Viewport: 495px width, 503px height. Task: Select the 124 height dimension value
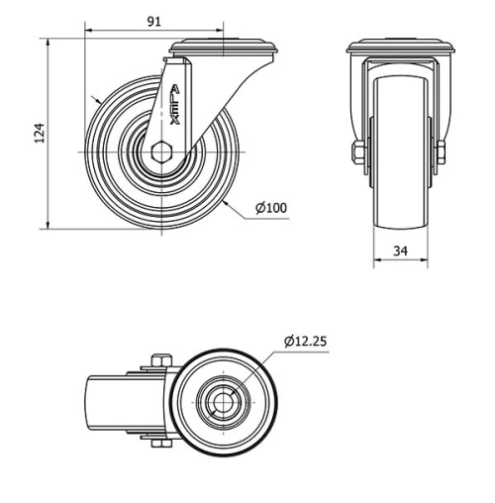pos(38,134)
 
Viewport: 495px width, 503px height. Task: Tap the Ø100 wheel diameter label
pos(270,207)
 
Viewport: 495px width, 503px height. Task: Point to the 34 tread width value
pos(400,251)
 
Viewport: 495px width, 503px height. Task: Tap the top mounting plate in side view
pos(228,48)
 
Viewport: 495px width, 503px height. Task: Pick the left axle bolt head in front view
pos(354,151)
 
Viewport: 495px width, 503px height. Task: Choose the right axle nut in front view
pos(441,151)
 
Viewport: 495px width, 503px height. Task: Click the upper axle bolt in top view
pos(157,360)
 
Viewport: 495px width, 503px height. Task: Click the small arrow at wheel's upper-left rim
pos(93,100)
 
